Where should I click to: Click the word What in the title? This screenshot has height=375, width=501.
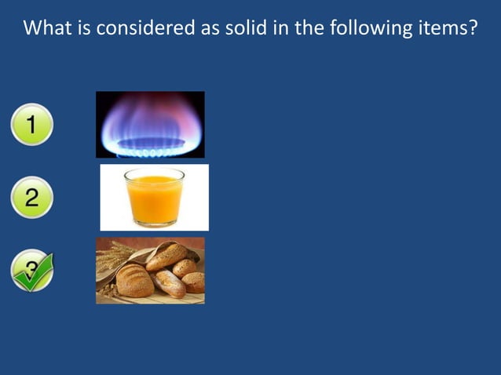49,29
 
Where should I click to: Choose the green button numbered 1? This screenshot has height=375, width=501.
31,126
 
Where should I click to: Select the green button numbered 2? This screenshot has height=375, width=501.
31,197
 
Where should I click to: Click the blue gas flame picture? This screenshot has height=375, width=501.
150,124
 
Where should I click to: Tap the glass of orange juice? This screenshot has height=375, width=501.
154,197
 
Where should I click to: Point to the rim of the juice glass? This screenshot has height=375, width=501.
154,172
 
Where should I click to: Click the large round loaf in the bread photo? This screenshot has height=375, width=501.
135,282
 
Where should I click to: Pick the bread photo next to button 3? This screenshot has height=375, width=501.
150,271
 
